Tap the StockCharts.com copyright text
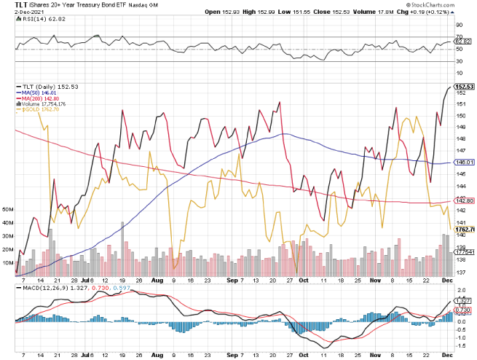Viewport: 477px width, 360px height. point(446,5)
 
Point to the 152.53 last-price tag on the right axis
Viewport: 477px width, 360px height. point(465,87)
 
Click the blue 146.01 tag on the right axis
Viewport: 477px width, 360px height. point(465,163)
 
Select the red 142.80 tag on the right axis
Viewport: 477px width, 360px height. point(465,200)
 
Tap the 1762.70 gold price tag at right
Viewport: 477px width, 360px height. point(465,230)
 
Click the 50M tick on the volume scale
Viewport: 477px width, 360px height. point(9,208)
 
